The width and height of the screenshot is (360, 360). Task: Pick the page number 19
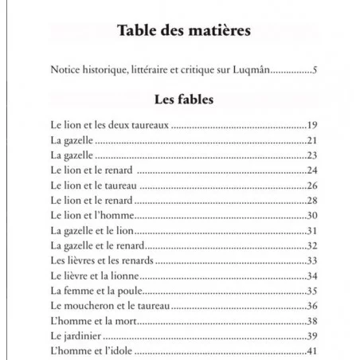click(x=312, y=125)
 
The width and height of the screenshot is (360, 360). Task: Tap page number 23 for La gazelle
click(x=312, y=155)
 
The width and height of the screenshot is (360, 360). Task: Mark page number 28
click(x=312, y=200)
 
